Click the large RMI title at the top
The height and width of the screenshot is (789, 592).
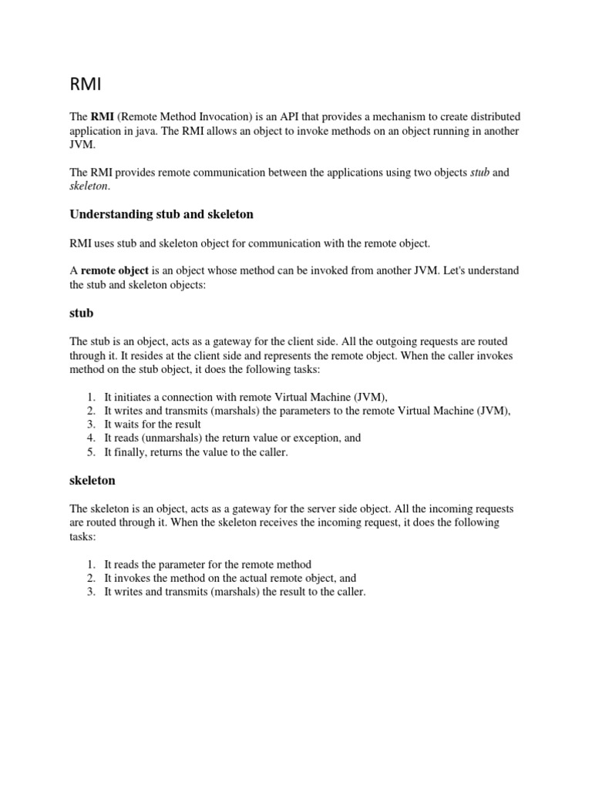87,82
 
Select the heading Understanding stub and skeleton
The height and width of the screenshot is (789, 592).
162,213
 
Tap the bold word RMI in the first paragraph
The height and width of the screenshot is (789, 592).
103,116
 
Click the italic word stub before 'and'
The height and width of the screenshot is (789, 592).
479,173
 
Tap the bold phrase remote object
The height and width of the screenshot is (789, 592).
114,270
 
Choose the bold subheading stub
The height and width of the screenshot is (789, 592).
82,313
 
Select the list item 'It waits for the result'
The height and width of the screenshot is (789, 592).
153,425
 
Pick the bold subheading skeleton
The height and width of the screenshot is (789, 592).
92,480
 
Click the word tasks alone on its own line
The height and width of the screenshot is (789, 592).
82,536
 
